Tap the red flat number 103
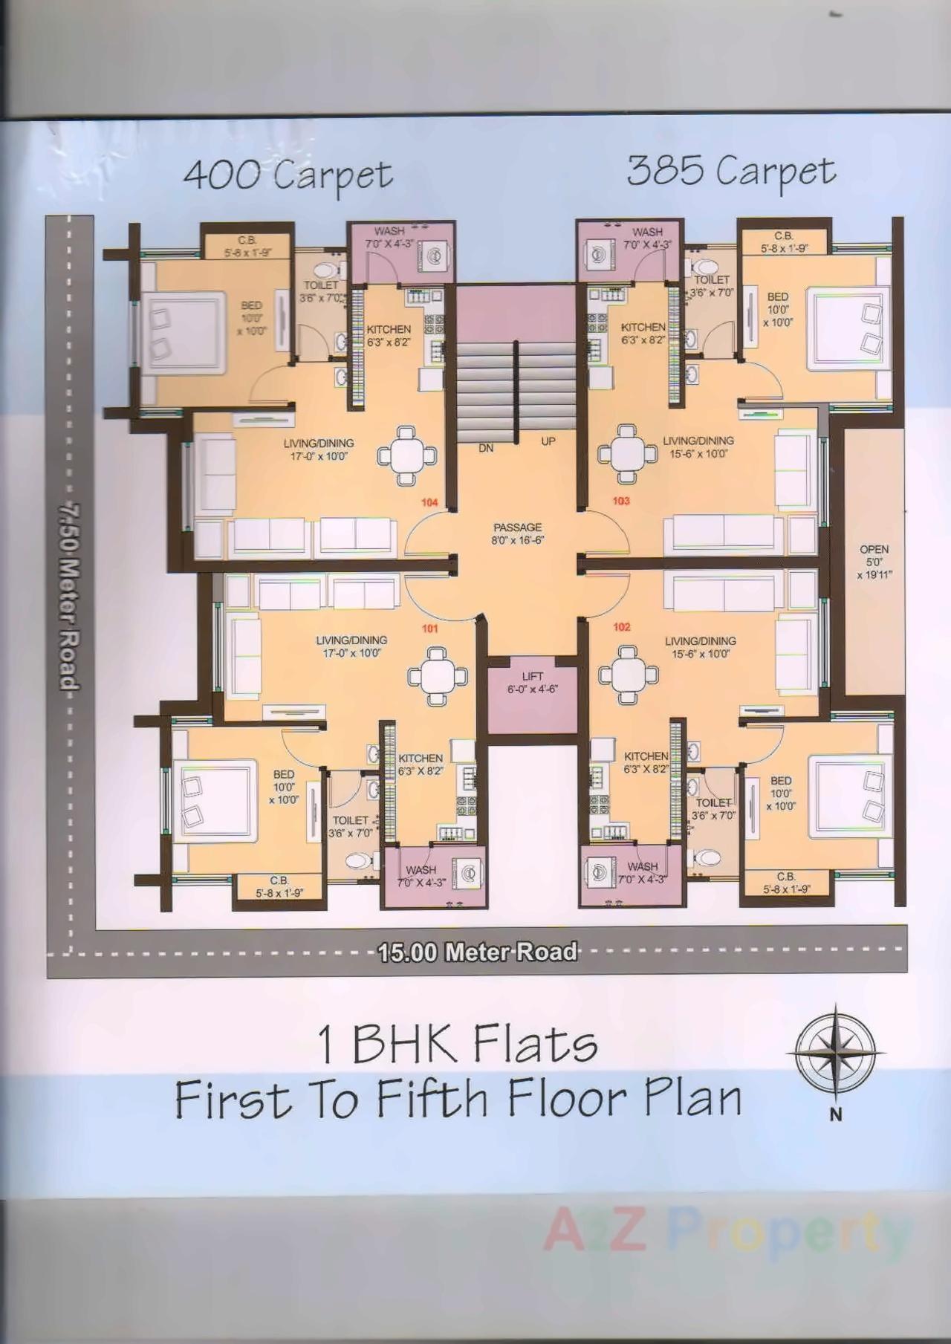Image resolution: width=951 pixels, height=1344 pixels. tap(621, 501)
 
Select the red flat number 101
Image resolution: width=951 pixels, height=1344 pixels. tap(429, 629)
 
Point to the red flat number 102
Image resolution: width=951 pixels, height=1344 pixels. tap(621, 627)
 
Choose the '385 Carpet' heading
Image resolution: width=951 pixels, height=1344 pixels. tap(731, 172)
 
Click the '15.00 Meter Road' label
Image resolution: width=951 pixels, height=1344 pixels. tap(478, 952)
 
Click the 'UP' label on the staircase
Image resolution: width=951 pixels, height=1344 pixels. tap(548, 441)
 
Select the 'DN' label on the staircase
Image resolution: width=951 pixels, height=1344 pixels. tap(486, 448)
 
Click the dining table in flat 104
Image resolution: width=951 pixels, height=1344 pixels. tap(406, 454)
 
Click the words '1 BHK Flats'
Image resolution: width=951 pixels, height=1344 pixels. tap(458, 1044)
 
